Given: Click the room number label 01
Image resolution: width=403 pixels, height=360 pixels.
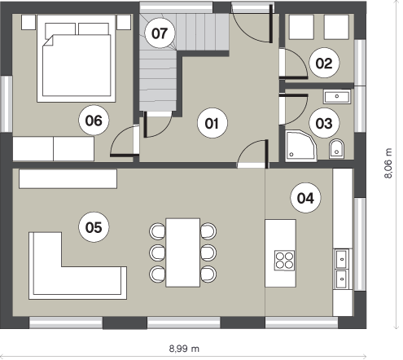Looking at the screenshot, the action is [x=212, y=123].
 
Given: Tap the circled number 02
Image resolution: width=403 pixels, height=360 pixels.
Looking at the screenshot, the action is [x=324, y=63].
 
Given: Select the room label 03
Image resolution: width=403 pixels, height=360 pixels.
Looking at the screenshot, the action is [x=324, y=123].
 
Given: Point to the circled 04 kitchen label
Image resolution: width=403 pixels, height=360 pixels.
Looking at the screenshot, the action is [x=305, y=198].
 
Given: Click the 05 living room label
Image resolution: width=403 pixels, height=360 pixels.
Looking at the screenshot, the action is [x=94, y=227].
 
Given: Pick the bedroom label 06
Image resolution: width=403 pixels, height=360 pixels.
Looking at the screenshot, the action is [x=94, y=121].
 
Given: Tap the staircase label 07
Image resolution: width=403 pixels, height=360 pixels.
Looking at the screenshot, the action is [x=160, y=33].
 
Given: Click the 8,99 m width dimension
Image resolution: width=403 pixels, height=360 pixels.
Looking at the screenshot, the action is [x=184, y=348].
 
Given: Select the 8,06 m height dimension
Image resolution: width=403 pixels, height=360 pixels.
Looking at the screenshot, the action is [x=388, y=163].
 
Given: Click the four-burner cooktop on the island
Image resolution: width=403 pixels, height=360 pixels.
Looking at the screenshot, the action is [x=285, y=260].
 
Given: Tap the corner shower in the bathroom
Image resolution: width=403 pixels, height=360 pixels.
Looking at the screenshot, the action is [x=300, y=146].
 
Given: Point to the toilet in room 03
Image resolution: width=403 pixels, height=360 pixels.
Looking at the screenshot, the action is [x=336, y=149].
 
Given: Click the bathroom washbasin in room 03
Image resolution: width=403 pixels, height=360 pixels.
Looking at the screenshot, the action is [x=337, y=97].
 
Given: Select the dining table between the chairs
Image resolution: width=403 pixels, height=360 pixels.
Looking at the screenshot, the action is [x=183, y=252].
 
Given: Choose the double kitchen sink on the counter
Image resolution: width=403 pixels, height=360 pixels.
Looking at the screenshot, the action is [x=341, y=269].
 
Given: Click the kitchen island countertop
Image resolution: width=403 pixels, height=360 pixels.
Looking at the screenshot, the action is [x=280, y=253].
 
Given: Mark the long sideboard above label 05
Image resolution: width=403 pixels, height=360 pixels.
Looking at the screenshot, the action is [x=68, y=178].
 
